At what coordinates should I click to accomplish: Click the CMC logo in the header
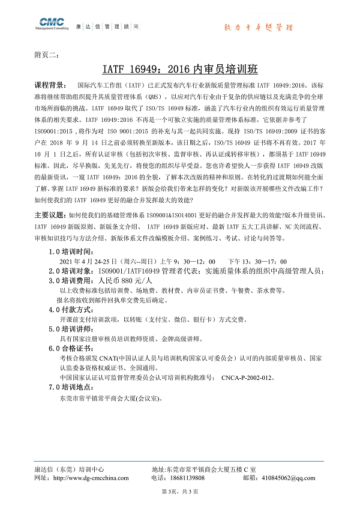coord(52,25)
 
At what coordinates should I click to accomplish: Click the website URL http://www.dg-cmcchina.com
coord(91,478)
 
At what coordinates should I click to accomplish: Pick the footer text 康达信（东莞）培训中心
coord(69,469)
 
